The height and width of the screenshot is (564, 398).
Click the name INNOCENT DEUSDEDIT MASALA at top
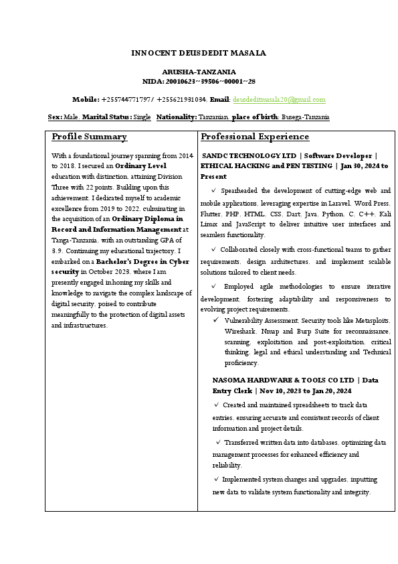pyautogui.click(x=199, y=53)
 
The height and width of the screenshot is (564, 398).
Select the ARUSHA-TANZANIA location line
pyautogui.click(x=199, y=72)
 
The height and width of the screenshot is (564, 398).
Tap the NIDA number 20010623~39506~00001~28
pyautogui.click(x=215, y=81)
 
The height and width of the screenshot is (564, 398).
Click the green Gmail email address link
pyautogui.click(x=279, y=100)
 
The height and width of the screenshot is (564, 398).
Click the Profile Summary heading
pyautogui.click(x=89, y=137)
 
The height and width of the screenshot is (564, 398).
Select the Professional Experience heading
pyautogui.click(x=255, y=137)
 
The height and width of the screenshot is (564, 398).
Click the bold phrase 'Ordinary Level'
pyautogui.click(x=140, y=165)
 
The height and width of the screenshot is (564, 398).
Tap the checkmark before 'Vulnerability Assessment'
pyautogui.click(x=217, y=320)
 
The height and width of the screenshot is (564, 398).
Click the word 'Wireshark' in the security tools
pyautogui.click(x=241, y=331)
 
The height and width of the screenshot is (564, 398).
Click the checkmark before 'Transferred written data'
pyautogui.click(x=218, y=443)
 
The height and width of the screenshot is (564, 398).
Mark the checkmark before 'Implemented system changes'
pyautogui.click(x=216, y=480)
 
